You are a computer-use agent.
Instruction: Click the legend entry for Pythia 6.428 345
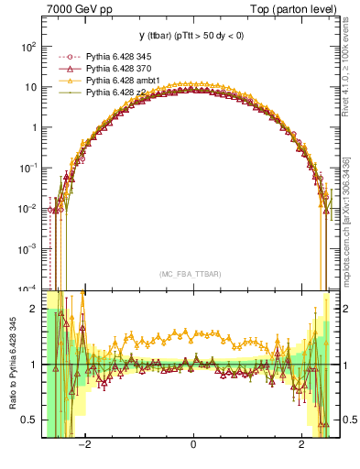121,58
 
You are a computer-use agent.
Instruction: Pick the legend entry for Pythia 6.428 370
121,69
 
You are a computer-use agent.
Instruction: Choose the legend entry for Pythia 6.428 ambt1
124,81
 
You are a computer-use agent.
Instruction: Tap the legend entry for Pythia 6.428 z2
118,92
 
